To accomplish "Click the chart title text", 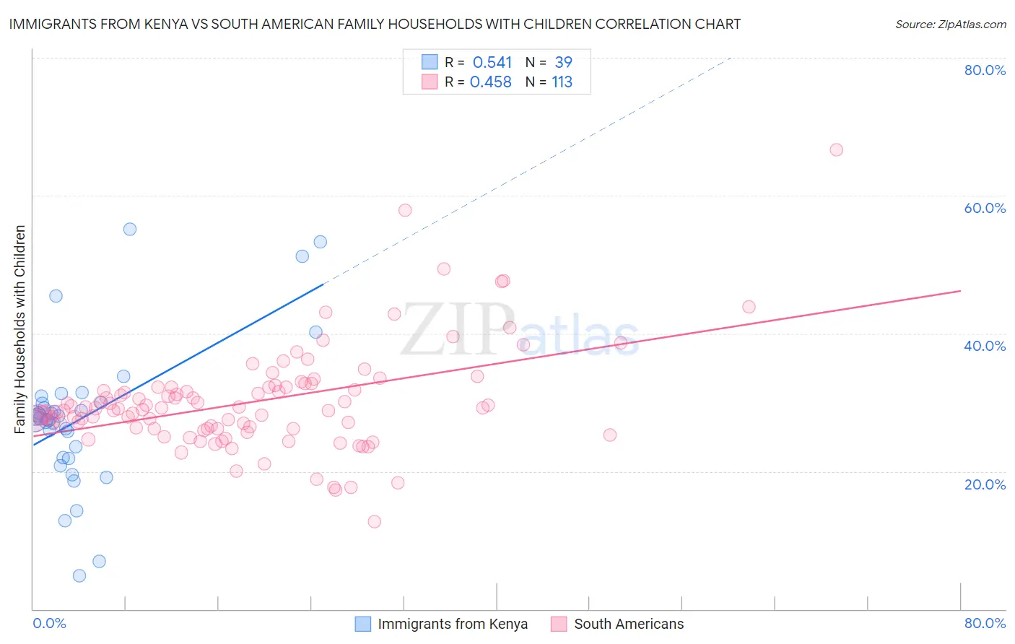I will pyautogui.click(x=375, y=25).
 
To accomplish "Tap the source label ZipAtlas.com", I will pyautogui.click(x=950, y=25).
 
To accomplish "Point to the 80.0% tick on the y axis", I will pyautogui.click(x=985, y=70).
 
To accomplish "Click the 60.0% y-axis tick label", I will pyautogui.click(x=985, y=208).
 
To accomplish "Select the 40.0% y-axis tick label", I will pyautogui.click(x=985, y=346).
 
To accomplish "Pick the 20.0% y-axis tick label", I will pyautogui.click(x=985, y=484).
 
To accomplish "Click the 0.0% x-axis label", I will pyautogui.click(x=49, y=623).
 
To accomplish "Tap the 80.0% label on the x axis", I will pyautogui.click(x=985, y=623).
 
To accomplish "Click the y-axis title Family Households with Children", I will pyautogui.click(x=20, y=329).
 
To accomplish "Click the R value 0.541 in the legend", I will pyautogui.click(x=492, y=63).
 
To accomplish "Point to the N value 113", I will pyautogui.click(x=562, y=82).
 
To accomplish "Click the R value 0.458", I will pyautogui.click(x=491, y=82).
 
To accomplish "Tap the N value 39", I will pyautogui.click(x=563, y=63).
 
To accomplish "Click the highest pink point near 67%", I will pyautogui.click(x=836, y=150).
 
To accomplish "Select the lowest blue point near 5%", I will pyautogui.click(x=79, y=575).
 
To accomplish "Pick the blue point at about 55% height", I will pyautogui.click(x=130, y=229).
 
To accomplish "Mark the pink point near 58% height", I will pyautogui.click(x=405, y=210).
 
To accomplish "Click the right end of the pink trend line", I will pyautogui.click(x=960, y=291).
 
